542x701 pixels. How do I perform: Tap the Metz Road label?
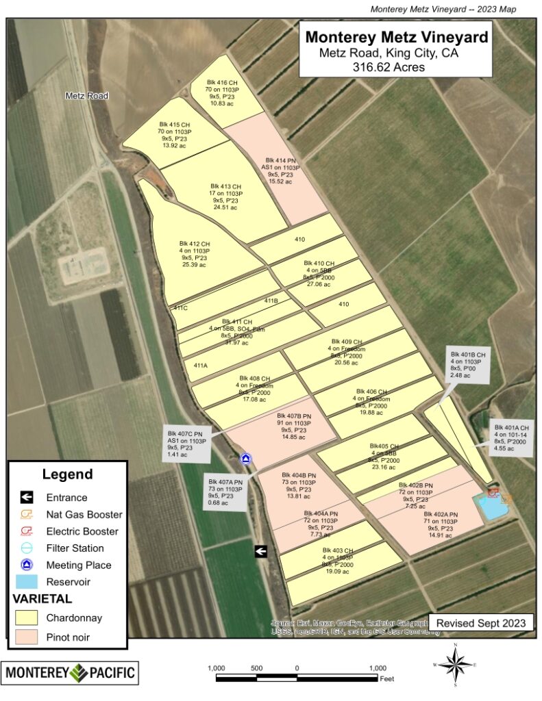coord(87,96)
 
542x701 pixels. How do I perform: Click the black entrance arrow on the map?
coord(260,550)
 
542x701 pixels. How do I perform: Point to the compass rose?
coord(455,665)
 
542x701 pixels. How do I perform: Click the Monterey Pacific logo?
coord(70,672)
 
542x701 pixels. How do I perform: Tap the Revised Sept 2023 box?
coord(481,623)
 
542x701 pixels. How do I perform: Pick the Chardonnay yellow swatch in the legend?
coord(28,618)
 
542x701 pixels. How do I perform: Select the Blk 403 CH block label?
coord(338,561)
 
